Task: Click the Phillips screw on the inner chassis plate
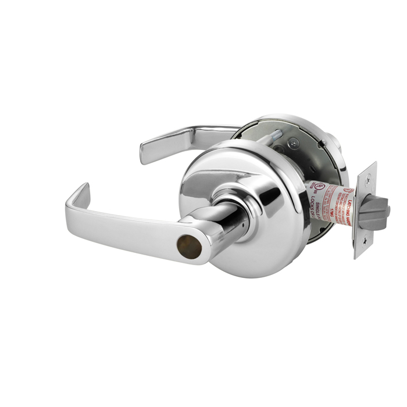click(x=294, y=140)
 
